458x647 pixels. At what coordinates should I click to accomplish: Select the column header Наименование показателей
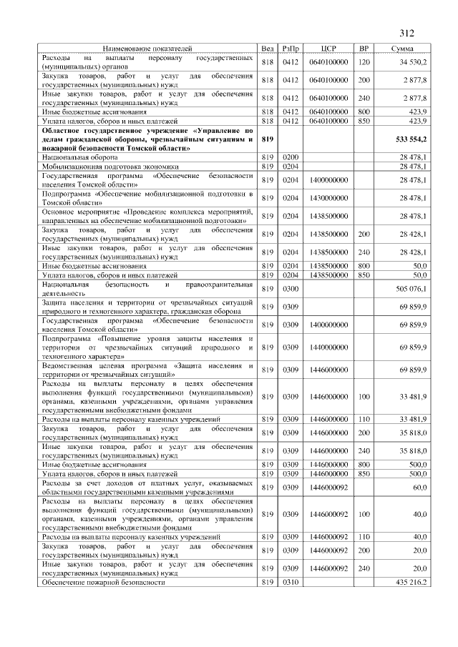tap(148, 49)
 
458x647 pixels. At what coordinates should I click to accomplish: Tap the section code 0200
tap(291, 155)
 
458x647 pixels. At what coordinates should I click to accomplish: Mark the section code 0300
tap(291, 289)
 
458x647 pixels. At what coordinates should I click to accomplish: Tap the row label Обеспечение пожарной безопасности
tap(104, 583)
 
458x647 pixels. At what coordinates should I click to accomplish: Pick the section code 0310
tap(291, 583)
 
